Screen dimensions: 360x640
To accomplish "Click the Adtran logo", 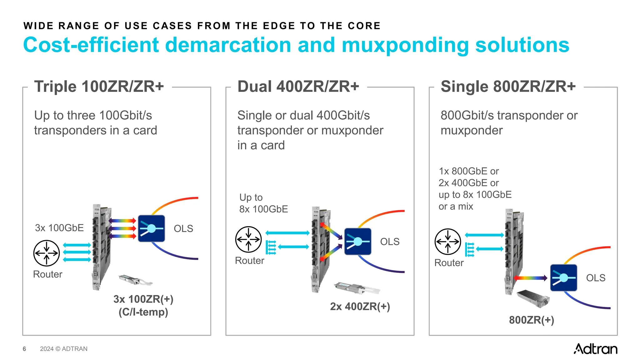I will coord(595,349).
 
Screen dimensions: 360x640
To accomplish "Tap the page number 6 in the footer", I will coord(24,349).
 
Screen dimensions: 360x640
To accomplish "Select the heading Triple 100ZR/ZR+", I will coord(99,87).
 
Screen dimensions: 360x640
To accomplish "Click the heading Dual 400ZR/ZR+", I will coord(298,87).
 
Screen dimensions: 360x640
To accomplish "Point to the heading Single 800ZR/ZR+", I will coord(508,87).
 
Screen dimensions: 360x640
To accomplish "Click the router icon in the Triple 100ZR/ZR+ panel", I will coord(47,253).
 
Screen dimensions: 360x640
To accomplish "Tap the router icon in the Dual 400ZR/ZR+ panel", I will coord(248,239).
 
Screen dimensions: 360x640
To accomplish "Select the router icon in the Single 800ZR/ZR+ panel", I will coord(448,242).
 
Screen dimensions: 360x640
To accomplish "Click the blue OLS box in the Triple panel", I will coord(151,228).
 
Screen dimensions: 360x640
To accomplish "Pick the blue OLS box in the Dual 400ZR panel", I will coord(357,242).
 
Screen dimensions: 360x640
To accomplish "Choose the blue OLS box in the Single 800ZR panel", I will coord(563,278).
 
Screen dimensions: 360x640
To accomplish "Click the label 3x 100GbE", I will coord(59,228).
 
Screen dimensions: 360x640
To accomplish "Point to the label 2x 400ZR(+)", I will coord(360,307).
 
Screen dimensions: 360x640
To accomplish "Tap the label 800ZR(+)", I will coord(531,320).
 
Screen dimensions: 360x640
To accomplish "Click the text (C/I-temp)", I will coord(143,312).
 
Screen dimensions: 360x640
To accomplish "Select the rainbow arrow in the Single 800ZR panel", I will coord(530,278).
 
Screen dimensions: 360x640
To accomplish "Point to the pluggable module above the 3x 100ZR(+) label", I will coord(135,280).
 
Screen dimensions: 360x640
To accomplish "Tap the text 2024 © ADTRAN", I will coord(64,349).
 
